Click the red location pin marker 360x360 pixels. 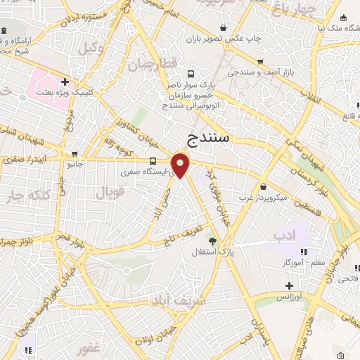pyautogui.click(x=181, y=165)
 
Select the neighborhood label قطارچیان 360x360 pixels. pyautogui.click(x=150, y=65)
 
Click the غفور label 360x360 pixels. pyautogui.click(x=89, y=349)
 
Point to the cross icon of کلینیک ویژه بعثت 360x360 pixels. pyautogui.click(x=65, y=82)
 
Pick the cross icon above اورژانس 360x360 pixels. pyautogui.click(x=289, y=285)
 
